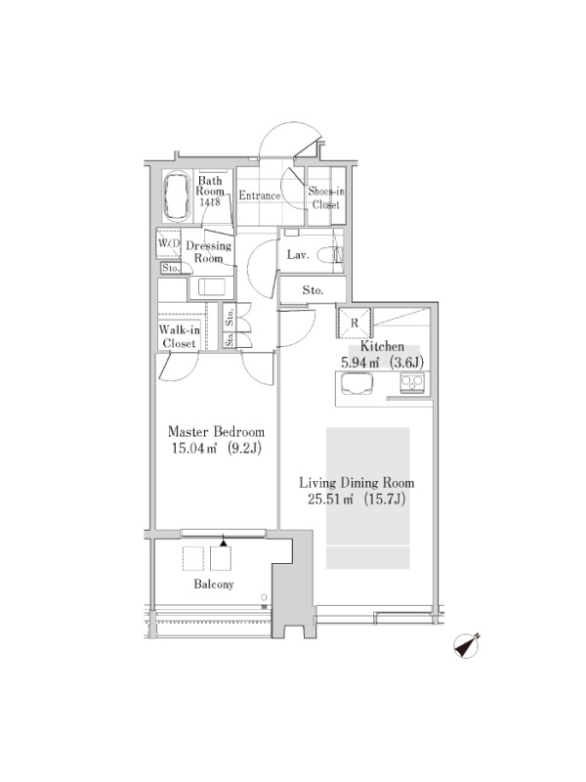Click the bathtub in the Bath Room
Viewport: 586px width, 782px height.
pyautogui.click(x=177, y=197)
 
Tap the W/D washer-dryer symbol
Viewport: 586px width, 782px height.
pyautogui.click(x=168, y=243)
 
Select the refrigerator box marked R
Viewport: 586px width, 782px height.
pyautogui.click(x=355, y=323)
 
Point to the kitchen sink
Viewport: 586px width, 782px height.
pyautogui.click(x=356, y=384)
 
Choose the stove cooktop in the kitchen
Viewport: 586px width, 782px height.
pyautogui.click(x=412, y=383)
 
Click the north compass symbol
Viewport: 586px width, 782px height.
pyautogui.click(x=467, y=646)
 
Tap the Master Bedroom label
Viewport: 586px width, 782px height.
pyautogui.click(x=216, y=431)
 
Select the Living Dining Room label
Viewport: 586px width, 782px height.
pyautogui.click(x=356, y=483)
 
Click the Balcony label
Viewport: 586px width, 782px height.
pyautogui.click(x=213, y=584)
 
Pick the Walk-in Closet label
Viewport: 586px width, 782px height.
pyautogui.click(x=180, y=336)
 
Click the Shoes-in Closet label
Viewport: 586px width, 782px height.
pyautogui.click(x=326, y=197)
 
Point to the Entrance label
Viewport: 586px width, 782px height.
pyautogui.click(x=259, y=195)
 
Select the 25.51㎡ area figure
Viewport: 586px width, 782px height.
pyautogui.click(x=330, y=500)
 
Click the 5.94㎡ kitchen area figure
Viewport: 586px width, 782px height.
pyautogui.click(x=359, y=363)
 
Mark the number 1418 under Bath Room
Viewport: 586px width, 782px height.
pyautogui.click(x=209, y=202)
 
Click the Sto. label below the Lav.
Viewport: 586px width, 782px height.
pyautogui.click(x=313, y=290)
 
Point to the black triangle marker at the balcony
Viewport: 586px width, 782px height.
pyautogui.click(x=224, y=542)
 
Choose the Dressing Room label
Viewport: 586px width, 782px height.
pyautogui.click(x=208, y=252)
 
